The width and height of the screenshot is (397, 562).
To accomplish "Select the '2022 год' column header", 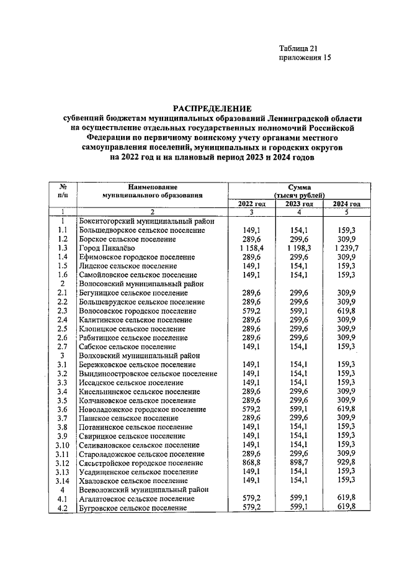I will coord(252,204).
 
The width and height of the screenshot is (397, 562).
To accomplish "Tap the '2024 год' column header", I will coord(346,204).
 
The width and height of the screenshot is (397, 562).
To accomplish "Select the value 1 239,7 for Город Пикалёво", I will coord(346,248).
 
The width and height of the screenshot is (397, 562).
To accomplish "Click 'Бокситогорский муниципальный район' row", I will coord(147,220).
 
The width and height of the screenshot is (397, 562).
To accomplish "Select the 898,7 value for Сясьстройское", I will coord(299,463).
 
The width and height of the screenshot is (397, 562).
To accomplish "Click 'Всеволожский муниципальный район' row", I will coord(143,489).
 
